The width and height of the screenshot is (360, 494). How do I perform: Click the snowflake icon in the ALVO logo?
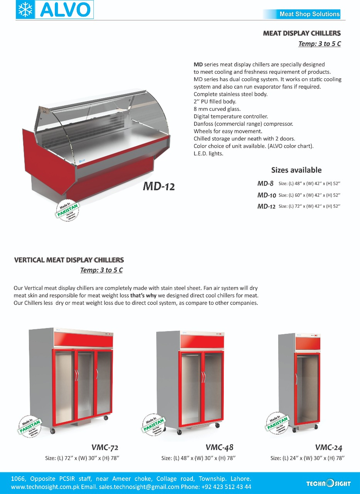(x=25, y=10)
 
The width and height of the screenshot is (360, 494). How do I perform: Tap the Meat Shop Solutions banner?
(x=309, y=14)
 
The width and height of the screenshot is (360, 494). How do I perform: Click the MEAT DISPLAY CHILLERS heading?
(x=302, y=34)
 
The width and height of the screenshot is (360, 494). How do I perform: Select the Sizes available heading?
(x=296, y=170)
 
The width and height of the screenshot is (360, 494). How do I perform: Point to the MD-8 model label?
(x=265, y=184)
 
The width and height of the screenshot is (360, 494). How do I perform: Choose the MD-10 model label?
(x=266, y=195)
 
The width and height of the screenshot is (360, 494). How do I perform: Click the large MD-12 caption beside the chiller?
(x=159, y=187)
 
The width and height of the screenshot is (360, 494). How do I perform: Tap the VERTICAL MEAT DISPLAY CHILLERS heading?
(x=69, y=260)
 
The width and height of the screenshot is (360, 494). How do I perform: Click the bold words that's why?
(x=143, y=296)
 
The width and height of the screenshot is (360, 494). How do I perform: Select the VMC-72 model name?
(x=105, y=448)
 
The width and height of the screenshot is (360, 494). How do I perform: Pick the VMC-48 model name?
(x=219, y=448)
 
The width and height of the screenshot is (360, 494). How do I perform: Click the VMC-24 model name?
(x=328, y=448)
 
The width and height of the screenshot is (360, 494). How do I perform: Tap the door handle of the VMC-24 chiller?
(x=296, y=379)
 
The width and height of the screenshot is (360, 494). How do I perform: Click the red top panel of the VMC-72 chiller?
(x=83, y=339)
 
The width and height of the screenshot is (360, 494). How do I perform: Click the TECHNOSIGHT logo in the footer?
(x=328, y=483)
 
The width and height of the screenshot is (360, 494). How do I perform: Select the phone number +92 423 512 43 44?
(x=226, y=487)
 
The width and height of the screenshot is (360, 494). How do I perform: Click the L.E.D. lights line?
(x=208, y=153)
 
